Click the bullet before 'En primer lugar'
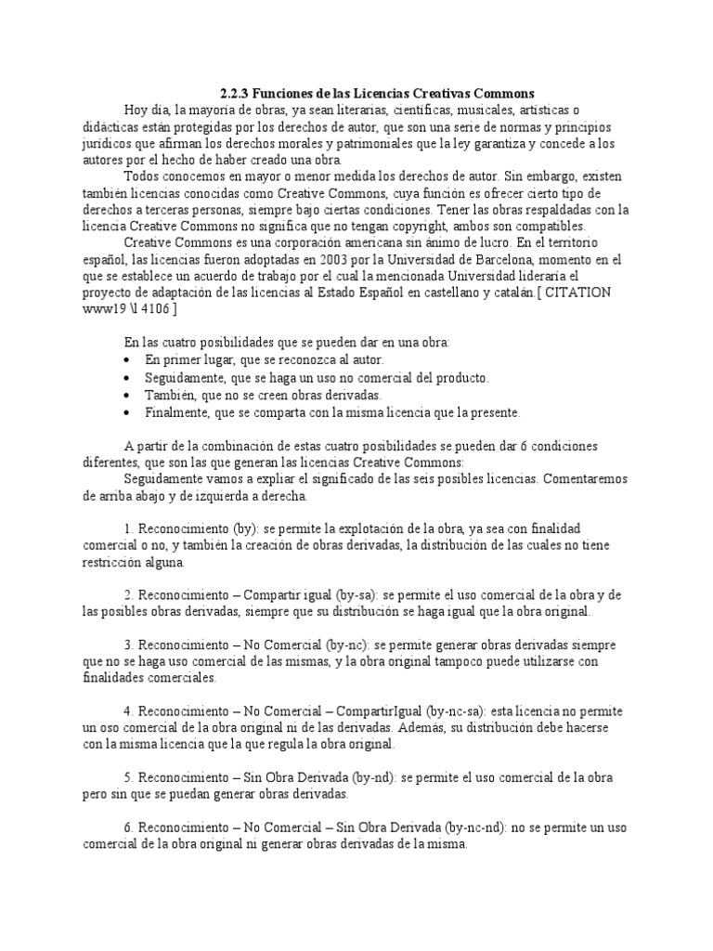click(x=127, y=360)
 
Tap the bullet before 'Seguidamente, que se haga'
click(x=127, y=378)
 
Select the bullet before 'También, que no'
click(x=127, y=395)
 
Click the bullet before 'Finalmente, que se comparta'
click(x=127, y=411)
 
